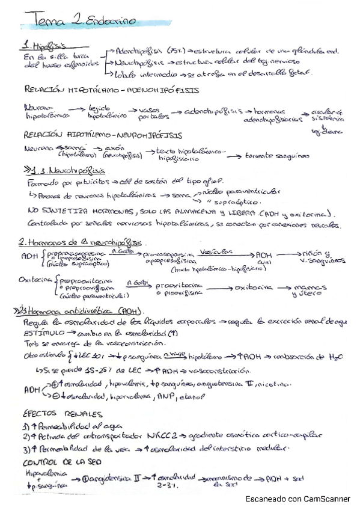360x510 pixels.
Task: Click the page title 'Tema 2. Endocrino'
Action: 74,22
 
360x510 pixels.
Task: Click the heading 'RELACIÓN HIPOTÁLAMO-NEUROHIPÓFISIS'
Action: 103,135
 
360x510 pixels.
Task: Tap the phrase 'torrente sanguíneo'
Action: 277,156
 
